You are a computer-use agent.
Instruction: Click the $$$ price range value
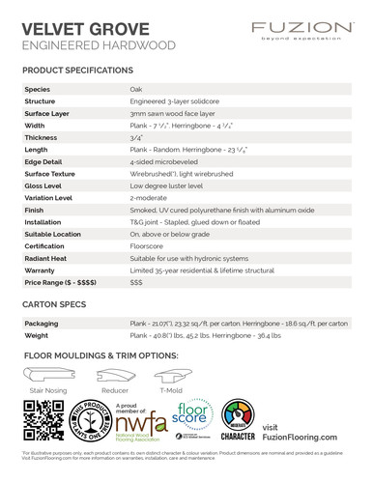[x=136, y=282]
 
